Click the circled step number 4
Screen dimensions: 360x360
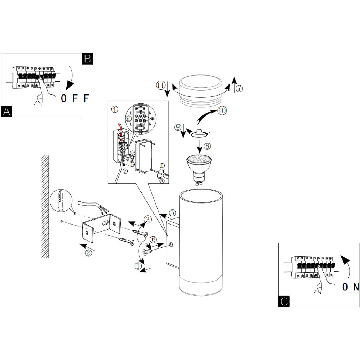point(114,109)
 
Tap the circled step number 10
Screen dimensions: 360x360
point(222,110)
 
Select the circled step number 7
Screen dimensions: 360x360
point(239,88)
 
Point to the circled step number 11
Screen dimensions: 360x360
point(161,85)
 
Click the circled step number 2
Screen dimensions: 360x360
point(88,253)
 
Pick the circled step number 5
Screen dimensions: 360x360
point(172,213)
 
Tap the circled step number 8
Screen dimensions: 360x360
point(207,146)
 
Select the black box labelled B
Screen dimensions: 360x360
point(88,58)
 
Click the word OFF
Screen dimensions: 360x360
point(74,98)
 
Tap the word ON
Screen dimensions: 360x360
point(350,287)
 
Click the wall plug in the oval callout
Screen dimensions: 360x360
point(61,201)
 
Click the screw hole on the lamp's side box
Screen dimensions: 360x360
point(172,245)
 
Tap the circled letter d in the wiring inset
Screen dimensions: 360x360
point(128,119)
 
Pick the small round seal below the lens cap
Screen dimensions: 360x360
point(200,133)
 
